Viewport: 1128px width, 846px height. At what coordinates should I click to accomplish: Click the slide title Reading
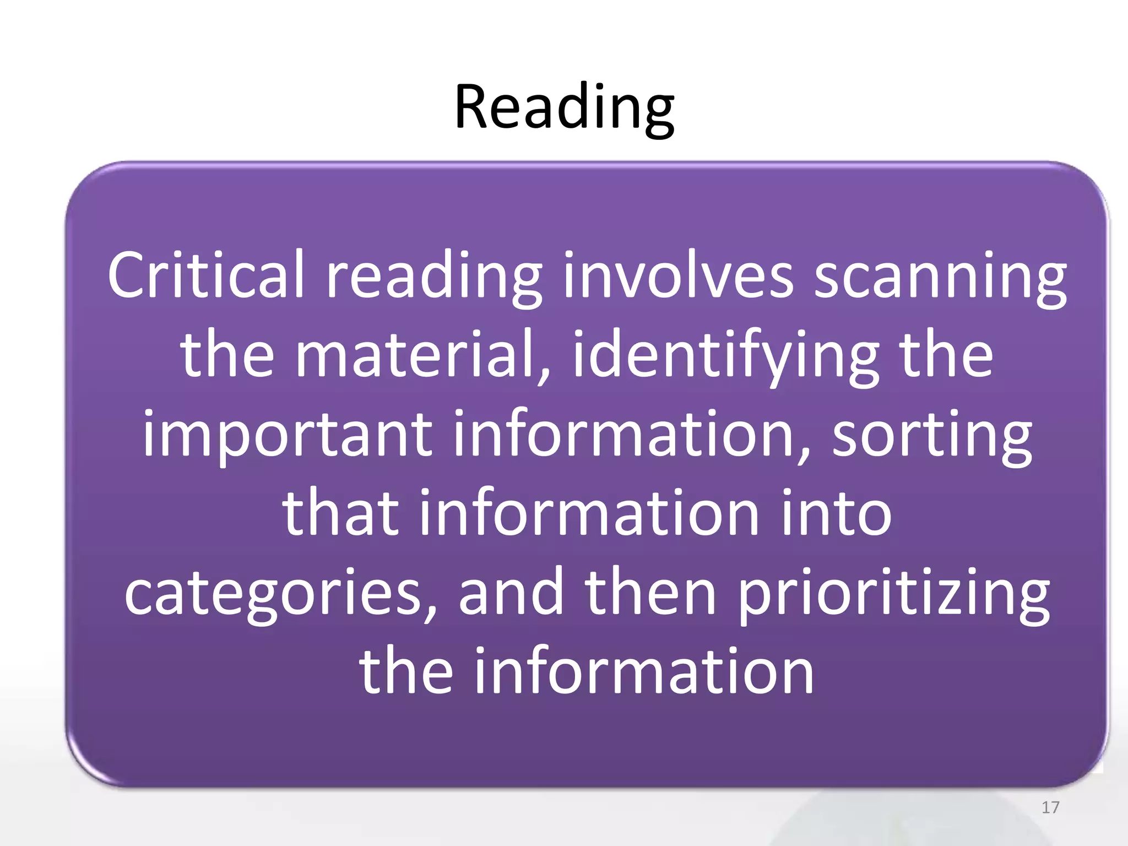tap(564, 107)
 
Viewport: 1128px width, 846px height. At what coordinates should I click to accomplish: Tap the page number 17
tap(1050, 807)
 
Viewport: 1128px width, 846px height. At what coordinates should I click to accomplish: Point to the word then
tap(650, 592)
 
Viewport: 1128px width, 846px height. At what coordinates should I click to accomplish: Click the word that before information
tap(340, 513)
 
